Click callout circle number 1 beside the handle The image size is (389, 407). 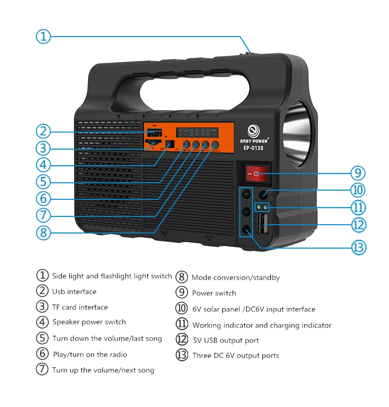coord(43,36)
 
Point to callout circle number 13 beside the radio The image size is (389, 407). coord(358,247)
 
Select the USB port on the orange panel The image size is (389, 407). coord(154,134)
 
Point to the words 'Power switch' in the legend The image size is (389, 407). coord(214,293)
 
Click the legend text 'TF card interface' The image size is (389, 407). coord(80,307)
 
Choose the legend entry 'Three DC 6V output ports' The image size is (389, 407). coord(236,355)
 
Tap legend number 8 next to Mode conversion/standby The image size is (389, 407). coord(181,277)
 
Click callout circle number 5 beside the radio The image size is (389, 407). coord(43,181)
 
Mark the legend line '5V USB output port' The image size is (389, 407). coord(226,340)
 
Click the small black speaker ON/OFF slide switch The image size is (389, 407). coord(170,145)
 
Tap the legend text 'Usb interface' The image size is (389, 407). coord(74,291)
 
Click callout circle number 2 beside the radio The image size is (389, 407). coord(43,131)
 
